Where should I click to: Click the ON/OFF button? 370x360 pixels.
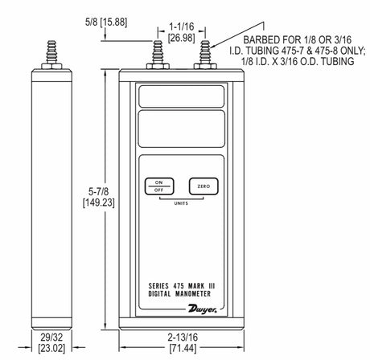(x=159, y=186)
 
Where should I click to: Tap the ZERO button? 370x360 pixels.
(x=203, y=186)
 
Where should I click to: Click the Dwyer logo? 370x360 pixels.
(x=203, y=309)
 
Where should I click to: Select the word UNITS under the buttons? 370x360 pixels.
(x=181, y=203)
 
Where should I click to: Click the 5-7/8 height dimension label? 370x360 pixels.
(x=99, y=191)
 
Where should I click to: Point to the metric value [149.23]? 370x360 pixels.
(x=99, y=202)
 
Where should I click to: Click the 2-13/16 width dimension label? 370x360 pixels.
(x=183, y=337)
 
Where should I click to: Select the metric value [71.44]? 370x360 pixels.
(x=183, y=348)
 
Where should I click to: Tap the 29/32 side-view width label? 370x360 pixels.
(x=51, y=337)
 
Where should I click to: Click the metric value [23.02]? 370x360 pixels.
(x=51, y=348)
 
